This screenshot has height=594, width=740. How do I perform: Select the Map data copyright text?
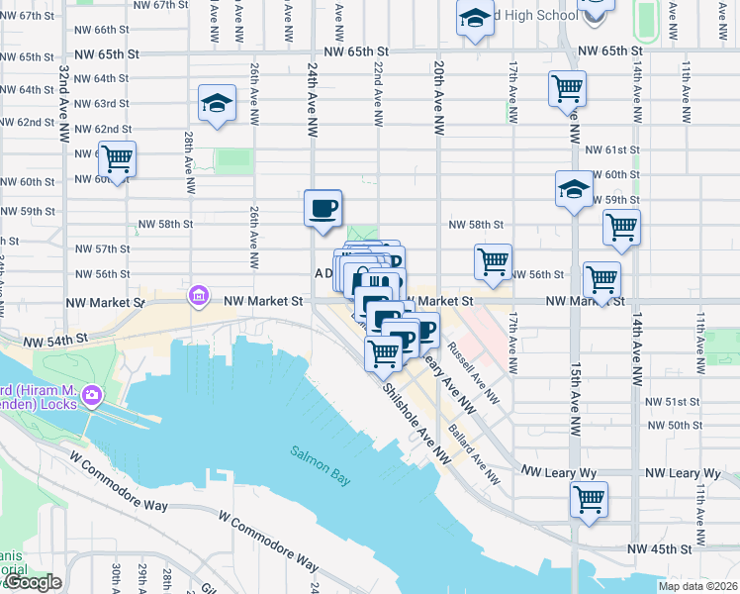coord(697,587)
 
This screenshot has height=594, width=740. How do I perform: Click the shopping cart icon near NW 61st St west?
coord(118,157)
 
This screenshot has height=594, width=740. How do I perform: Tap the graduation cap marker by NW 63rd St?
coord(217,102)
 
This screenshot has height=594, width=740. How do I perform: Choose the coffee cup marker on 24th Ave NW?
coord(323,208)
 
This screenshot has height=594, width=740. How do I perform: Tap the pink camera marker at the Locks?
coord(92,396)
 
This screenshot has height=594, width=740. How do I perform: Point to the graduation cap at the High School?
coord(475,17)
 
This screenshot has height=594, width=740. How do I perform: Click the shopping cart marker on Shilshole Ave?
coord(383,352)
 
